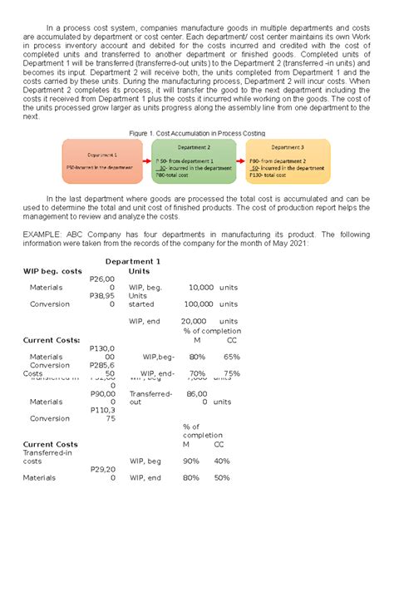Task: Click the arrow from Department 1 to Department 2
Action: pyautogui.click(x=150, y=161)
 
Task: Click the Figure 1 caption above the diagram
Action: pyautogui.click(x=196, y=133)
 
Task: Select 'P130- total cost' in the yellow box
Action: pyautogui.click(x=271, y=175)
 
